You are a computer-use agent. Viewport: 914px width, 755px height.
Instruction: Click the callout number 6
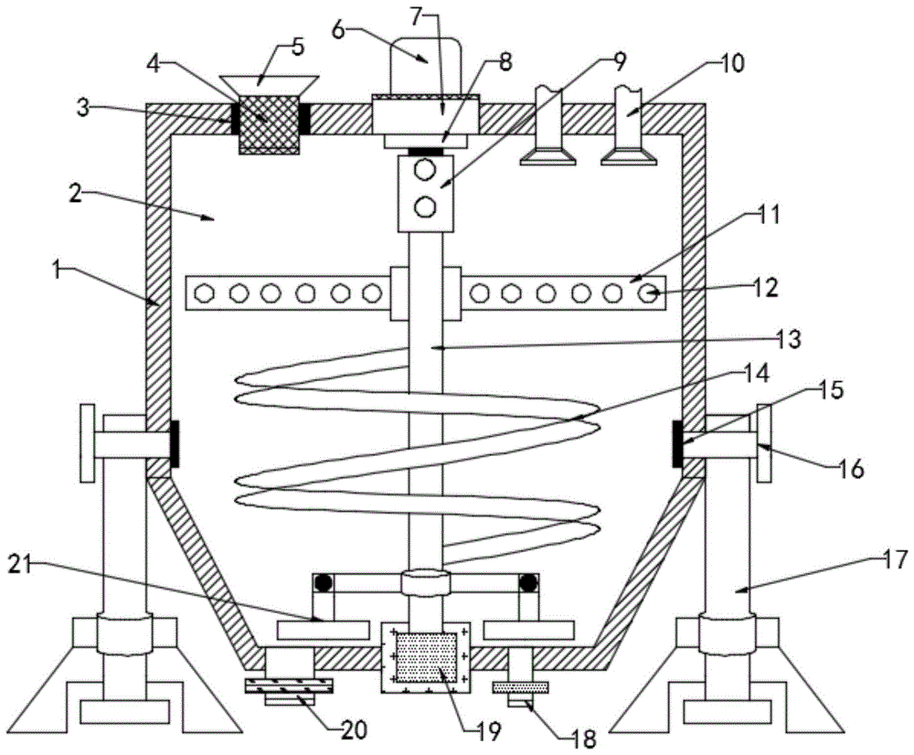338,29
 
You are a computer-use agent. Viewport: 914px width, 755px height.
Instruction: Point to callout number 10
732,63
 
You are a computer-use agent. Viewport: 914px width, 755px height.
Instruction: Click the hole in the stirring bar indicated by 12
648,294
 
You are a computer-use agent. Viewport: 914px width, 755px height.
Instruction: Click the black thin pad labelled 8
424,151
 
